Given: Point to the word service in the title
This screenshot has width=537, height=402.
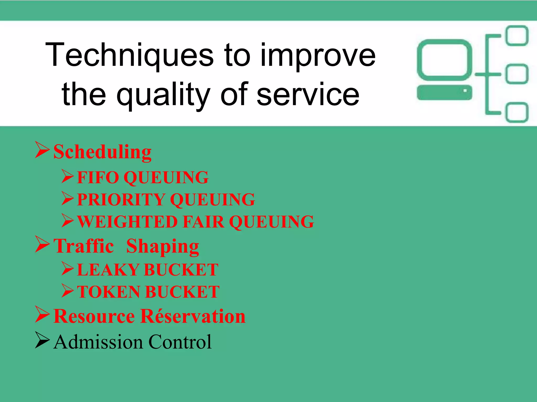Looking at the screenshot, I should click(308, 94).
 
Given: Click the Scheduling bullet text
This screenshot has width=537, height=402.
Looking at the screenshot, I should click(103, 152).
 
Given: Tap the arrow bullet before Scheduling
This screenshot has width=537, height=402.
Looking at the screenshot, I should click(42, 150).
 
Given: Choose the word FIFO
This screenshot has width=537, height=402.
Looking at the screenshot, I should click(98, 177).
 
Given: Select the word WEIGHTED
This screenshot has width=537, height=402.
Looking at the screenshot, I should click(127, 222).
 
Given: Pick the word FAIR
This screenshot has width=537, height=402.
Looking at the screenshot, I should click(203, 222).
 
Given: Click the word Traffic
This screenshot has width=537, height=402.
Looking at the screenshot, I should click(84, 246).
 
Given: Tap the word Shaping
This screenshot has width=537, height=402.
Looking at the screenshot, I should click(163, 247).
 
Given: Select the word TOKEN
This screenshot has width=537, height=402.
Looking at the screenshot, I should click(109, 292).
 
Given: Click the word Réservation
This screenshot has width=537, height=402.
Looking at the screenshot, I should click(193, 316).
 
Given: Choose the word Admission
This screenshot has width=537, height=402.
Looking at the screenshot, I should click(99, 342).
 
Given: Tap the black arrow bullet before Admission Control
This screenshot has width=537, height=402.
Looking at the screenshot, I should click(42, 340).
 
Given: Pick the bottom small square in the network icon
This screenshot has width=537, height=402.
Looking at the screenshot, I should click(517, 113).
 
